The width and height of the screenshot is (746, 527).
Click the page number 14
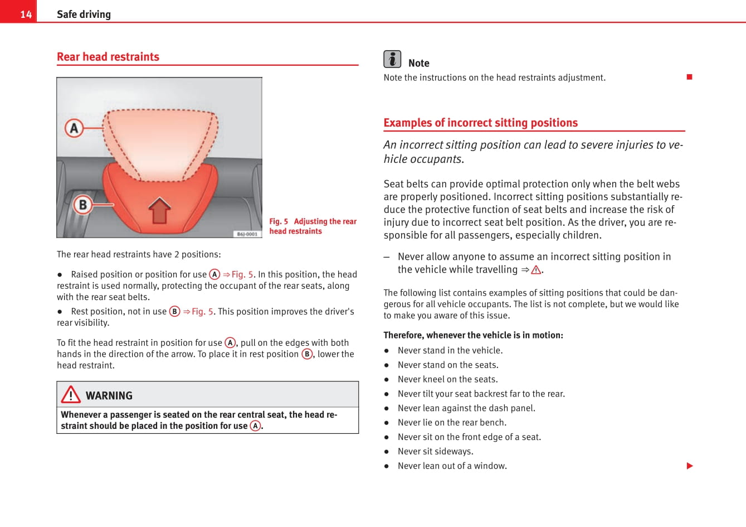[26, 14]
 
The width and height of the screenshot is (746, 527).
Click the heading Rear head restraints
[108, 57]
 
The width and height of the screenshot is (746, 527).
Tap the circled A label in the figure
[74, 128]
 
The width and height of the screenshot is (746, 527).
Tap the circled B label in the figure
[82, 205]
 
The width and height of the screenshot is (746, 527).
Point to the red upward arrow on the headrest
[160, 210]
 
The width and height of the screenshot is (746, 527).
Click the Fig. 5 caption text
[313, 226]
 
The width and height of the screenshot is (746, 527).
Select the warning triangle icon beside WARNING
[71, 395]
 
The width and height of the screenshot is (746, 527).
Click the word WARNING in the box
[109, 396]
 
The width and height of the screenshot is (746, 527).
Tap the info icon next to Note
[392, 59]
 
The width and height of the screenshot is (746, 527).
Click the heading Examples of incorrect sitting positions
[480, 123]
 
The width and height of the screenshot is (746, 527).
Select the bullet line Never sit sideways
[435, 451]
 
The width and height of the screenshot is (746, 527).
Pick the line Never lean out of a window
[452, 466]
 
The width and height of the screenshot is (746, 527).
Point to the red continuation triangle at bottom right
[690, 466]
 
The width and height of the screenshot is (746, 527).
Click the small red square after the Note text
[689, 77]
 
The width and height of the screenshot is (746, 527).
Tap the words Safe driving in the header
[84, 14]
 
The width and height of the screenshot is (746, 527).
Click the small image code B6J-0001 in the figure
[247, 234]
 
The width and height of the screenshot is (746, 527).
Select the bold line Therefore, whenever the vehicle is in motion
[473, 335]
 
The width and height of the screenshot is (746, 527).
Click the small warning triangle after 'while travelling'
[536, 270]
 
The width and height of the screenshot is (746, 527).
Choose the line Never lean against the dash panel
[466, 408]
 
